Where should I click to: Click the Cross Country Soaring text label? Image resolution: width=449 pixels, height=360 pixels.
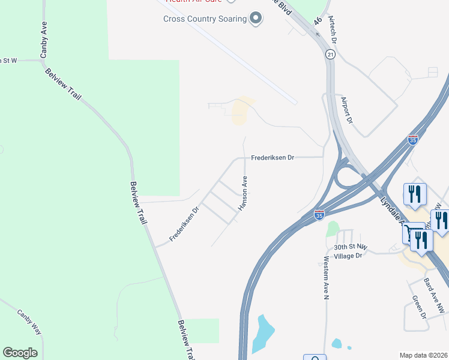[205, 19]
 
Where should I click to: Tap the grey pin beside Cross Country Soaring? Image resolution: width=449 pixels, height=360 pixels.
[256, 19]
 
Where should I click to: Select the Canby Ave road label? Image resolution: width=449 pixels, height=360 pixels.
[44, 40]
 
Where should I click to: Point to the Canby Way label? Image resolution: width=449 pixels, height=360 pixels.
[29, 322]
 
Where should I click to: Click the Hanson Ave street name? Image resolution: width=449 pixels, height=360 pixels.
[244, 193]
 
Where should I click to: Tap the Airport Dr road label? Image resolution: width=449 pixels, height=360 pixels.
[347, 109]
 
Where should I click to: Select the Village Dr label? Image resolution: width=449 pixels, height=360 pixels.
[352, 255]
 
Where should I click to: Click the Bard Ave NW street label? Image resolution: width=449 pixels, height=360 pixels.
[434, 295]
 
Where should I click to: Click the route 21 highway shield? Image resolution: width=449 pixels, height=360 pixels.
[331, 55]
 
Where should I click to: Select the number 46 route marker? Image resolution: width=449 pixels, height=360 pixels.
[318, 22]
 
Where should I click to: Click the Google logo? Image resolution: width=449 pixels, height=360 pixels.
[20, 353]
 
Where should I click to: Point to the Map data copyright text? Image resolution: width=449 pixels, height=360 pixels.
[424, 355]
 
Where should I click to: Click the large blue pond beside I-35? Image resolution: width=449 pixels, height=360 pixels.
[262, 333]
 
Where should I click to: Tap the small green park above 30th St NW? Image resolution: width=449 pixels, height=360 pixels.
[333, 229]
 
